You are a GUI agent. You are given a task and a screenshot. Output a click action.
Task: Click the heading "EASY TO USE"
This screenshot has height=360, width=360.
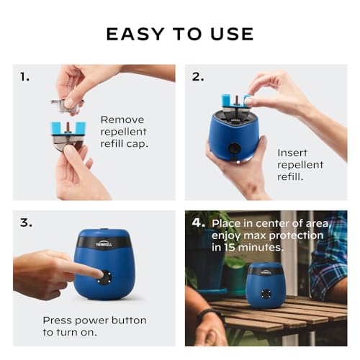point(180,34)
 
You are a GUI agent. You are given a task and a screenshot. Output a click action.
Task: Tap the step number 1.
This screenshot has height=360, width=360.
point(25,77)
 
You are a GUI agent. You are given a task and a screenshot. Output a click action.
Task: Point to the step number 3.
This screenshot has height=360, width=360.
point(26,222)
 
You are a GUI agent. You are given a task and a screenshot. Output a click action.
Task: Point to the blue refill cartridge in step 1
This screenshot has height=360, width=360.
point(68,130)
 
